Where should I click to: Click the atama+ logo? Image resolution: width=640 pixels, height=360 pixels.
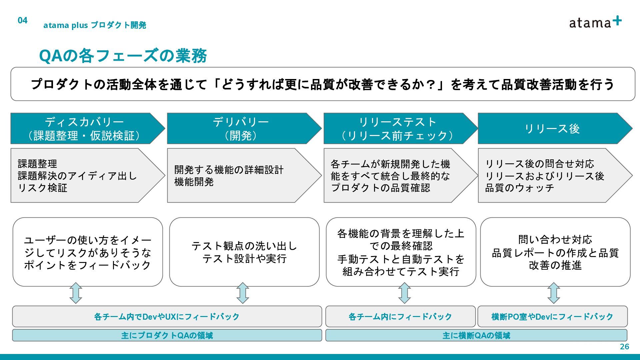(595, 22)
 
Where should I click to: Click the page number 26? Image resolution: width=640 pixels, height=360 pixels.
(624, 347)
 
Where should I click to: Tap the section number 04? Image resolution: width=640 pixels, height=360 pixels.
(22, 20)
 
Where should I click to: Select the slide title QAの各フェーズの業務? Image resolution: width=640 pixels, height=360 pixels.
(123, 56)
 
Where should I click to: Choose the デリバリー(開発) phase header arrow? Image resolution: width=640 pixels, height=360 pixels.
(241, 129)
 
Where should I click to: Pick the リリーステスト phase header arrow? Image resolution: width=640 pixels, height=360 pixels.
(397, 129)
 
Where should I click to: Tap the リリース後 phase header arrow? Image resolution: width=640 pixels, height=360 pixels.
(552, 129)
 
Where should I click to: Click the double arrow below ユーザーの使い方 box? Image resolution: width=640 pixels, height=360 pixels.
(76, 293)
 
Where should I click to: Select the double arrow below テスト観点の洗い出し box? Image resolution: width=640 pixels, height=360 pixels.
(243, 293)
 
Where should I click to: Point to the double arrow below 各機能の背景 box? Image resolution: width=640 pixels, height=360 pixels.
(404, 293)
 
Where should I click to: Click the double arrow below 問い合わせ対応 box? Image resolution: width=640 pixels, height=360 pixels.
(554, 293)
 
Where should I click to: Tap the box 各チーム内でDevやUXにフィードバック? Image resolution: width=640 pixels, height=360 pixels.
(167, 316)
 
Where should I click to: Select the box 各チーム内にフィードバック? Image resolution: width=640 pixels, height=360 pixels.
(400, 316)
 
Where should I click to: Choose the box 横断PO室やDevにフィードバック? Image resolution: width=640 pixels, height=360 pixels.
(552, 316)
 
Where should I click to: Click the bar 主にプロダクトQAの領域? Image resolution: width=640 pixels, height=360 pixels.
(167, 335)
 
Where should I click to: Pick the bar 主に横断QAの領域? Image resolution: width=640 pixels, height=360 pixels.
(476, 335)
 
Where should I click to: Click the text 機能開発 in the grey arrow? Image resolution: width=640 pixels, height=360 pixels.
(194, 182)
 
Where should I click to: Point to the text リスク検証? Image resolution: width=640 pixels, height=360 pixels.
(43, 188)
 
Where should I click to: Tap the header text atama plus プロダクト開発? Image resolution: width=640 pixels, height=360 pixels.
(95, 25)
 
